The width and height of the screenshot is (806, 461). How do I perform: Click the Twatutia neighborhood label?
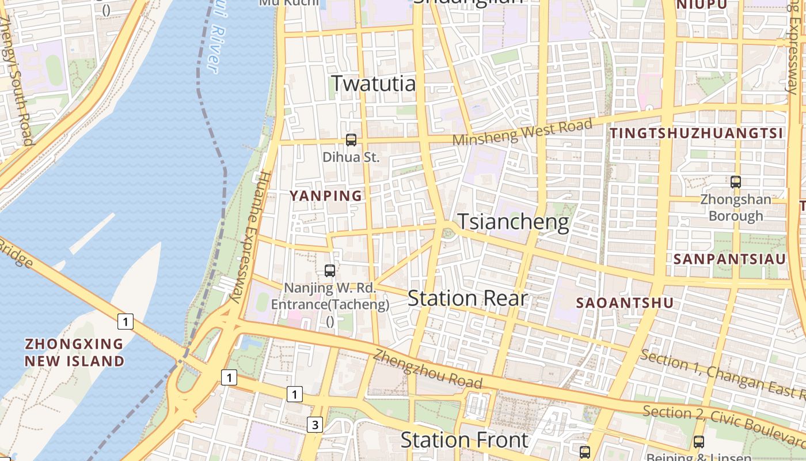point(373,84)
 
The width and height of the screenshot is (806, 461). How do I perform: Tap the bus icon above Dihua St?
point(351,139)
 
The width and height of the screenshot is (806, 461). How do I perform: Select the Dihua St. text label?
point(351,157)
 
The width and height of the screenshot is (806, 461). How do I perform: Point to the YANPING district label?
point(326,196)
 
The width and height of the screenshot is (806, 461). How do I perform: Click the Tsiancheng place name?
point(513,222)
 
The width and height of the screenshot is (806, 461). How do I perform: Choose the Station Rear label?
point(467,298)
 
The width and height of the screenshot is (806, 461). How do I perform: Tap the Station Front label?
point(464,440)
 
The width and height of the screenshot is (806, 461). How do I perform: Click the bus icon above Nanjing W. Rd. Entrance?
point(330,270)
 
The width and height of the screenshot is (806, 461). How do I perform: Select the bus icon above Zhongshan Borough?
point(735,182)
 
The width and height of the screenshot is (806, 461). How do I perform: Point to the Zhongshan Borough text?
point(736,208)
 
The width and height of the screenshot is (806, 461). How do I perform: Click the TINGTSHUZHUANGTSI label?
point(697,134)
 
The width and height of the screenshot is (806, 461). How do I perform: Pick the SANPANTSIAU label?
point(729,259)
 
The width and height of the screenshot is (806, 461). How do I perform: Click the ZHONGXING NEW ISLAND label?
point(74,353)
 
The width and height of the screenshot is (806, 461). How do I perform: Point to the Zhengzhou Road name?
point(427,368)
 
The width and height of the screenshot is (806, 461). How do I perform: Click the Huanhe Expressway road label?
point(250,236)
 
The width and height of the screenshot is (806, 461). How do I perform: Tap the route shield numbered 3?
point(314,425)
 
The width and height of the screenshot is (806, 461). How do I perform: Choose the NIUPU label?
point(702,5)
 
